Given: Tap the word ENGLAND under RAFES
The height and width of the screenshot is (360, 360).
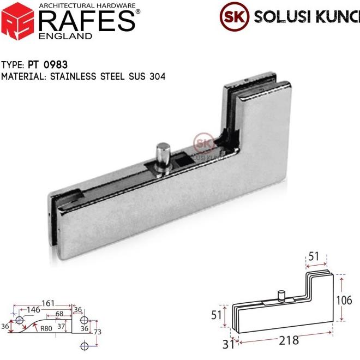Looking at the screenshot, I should tap(66, 36).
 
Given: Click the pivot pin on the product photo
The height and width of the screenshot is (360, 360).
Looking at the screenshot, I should tap(163, 158).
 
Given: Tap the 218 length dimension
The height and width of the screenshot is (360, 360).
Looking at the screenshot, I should tap(289, 340).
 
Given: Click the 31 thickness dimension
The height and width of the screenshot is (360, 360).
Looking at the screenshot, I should tap(229, 344).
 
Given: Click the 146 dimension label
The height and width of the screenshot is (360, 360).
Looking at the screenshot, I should tap(33, 310).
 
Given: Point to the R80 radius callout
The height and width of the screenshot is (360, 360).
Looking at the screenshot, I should tap(46, 329).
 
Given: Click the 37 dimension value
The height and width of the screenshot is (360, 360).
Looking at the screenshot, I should tap(62, 326).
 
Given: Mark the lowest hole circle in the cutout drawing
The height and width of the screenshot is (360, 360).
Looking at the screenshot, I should tap(84, 346).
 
